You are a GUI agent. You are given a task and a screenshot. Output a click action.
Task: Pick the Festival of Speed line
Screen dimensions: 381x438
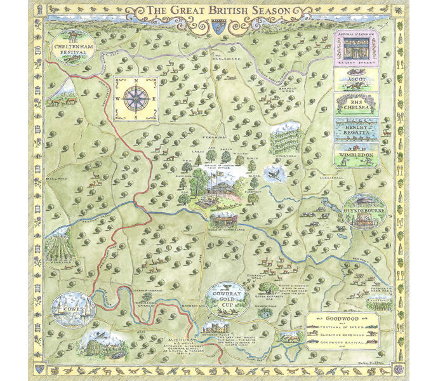[x=346, y=328]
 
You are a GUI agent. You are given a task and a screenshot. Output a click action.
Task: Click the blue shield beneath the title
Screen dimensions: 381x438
[x=219, y=25]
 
